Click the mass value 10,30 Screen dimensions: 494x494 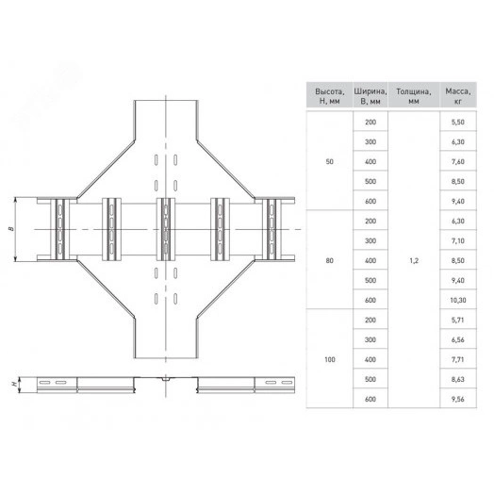[458, 300]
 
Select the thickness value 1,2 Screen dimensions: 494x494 [414, 260]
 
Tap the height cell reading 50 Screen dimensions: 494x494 [330, 161]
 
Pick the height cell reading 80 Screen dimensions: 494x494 [330, 260]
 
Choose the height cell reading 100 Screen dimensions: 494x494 [330, 359]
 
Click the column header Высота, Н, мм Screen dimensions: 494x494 [330, 96]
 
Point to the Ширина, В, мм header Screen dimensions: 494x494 [370, 96]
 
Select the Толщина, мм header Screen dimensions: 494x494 [414, 96]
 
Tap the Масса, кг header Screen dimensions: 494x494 [458, 96]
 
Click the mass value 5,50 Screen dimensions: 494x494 [458, 123]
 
